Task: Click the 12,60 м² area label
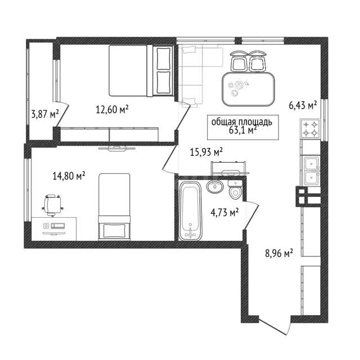(112, 109)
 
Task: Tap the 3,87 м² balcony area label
(45, 114)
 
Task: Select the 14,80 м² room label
(69, 176)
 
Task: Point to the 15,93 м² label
(206, 152)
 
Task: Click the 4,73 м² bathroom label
(224, 213)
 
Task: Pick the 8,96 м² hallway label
(279, 254)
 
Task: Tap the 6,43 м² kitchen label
(303, 105)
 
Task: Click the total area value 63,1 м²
(242, 130)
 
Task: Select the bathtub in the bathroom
(190, 210)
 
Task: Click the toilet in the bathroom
(235, 190)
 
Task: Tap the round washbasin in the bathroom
(215, 186)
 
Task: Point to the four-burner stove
(310, 128)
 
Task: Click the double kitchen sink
(311, 171)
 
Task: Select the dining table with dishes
(249, 89)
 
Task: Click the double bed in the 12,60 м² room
(141, 70)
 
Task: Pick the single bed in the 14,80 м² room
(114, 206)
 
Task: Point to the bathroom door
(251, 215)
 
